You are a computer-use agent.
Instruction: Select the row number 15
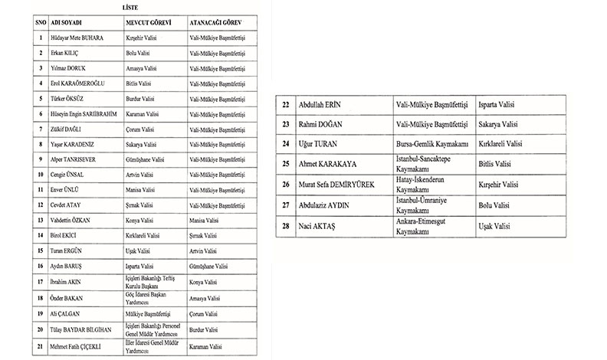(40, 251)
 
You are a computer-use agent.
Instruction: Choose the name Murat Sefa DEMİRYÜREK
(346, 184)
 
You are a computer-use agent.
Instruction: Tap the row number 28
(287, 225)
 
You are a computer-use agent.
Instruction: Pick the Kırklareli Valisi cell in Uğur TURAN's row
(502, 143)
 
